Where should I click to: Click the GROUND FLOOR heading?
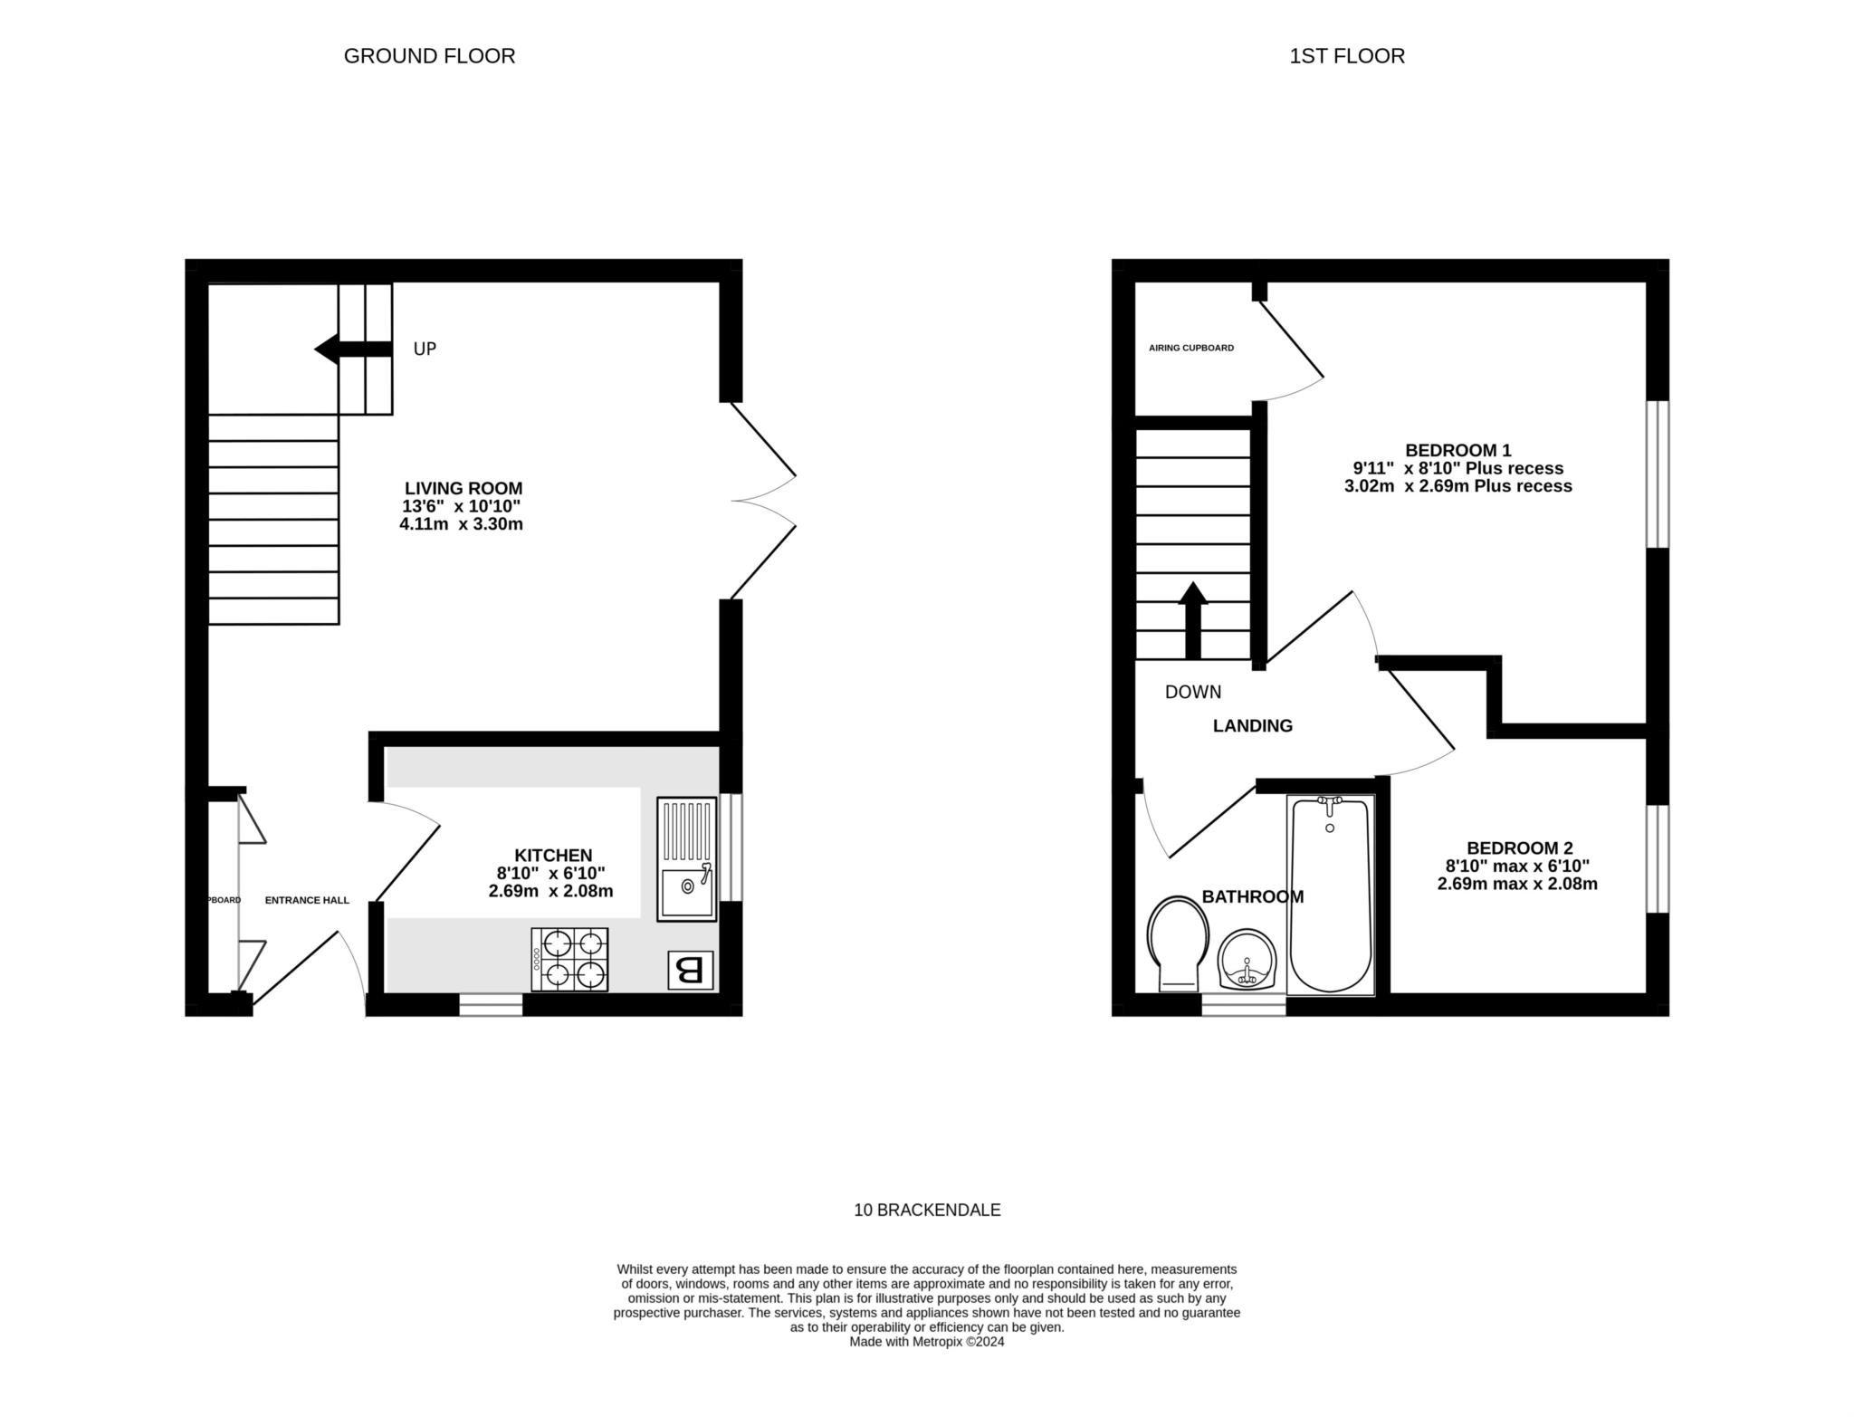pyautogui.click(x=429, y=56)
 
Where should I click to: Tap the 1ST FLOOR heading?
pyautogui.click(x=1346, y=56)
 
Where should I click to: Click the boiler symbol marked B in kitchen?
pyautogui.click(x=690, y=971)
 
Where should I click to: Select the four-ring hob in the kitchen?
pyautogui.click(x=569, y=959)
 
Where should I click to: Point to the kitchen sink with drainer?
pyautogui.click(x=685, y=859)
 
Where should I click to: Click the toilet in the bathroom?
pyautogui.click(x=1178, y=942)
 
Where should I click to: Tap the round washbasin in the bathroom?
pyautogui.click(x=1247, y=961)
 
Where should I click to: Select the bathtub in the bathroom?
pyautogui.click(x=1330, y=895)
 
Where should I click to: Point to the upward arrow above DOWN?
pyautogui.click(x=1192, y=619)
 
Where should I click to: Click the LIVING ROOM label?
pyautogui.click(x=463, y=488)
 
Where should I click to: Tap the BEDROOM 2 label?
pyautogui.click(x=1519, y=848)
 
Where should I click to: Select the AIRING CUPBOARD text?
pyautogui.click(x=1190, y=348)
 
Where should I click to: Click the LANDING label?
pyautogui.click(x=1252, y=725)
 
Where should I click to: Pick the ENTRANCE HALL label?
pyautogui.click(x=306, y=900)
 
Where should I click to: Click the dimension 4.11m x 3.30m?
pyautogui.click(x=461, y=524)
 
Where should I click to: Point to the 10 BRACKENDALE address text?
pyautogui.click(x=927, y=1210)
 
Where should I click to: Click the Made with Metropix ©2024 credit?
pyautogui.click(x=926, y=1342)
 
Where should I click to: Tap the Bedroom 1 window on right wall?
pyautogui.click(x=1657, y=474)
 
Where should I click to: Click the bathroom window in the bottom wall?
pyautogui.click(x=1243, y=1005)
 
